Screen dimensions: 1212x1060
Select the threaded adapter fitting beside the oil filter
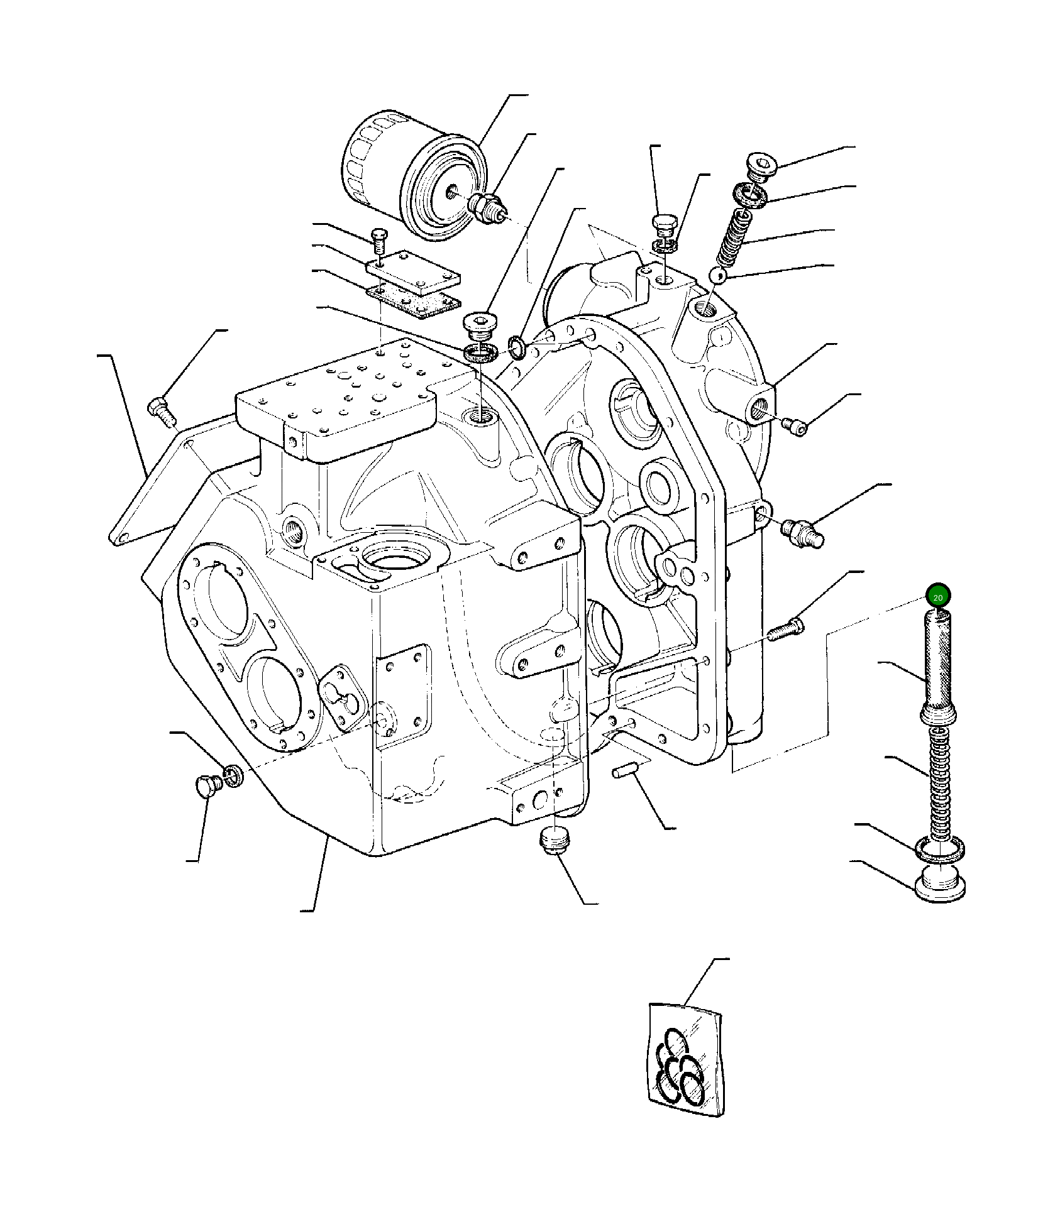tap(488, 207)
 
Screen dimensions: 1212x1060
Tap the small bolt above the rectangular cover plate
tap(380, 239)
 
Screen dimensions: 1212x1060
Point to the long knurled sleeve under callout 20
tap(937, 669)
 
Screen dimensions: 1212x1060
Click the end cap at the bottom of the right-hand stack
tap(939, 883)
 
